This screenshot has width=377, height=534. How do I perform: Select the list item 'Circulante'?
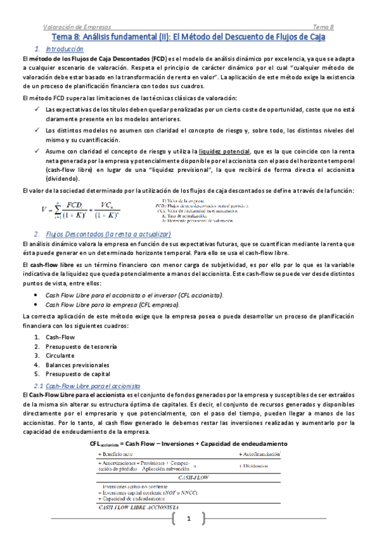[61, 356]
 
